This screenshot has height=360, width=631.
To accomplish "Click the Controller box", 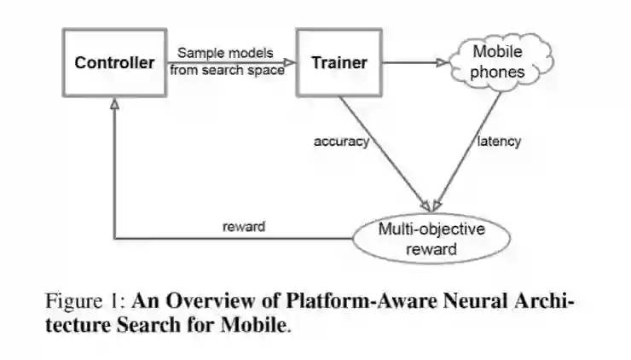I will coord(114,62).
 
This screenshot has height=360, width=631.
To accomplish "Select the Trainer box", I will coord(339,62).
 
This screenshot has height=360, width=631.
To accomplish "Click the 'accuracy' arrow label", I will coord(341,142).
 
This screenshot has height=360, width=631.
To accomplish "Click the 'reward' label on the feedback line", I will coord(243,226).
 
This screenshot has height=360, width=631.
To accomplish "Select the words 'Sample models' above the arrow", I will coord(226,53).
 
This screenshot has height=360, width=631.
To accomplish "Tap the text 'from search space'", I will coord(226,70).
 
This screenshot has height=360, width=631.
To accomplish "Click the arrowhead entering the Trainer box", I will coord(290,62).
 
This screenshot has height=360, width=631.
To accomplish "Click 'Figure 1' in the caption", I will coord(80,302).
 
